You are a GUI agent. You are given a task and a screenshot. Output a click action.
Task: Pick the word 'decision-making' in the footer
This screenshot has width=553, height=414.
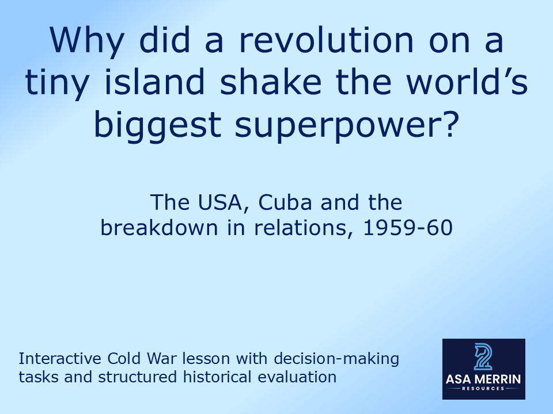(x=336, y=359)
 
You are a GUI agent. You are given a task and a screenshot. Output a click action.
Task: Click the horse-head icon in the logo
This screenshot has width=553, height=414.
(x=483, y=357)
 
